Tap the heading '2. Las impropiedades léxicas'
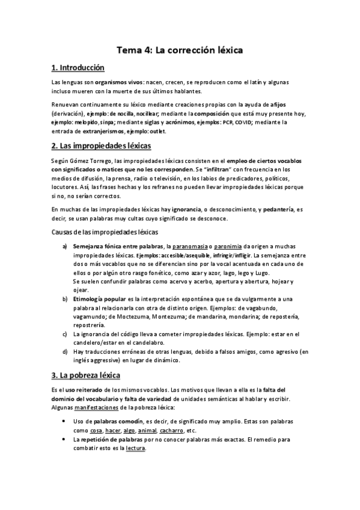[x=101, y=146]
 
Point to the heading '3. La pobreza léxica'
[x=86, y=376]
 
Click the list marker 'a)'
[x=66, y=247]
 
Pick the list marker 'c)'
[x=66, y=334]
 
